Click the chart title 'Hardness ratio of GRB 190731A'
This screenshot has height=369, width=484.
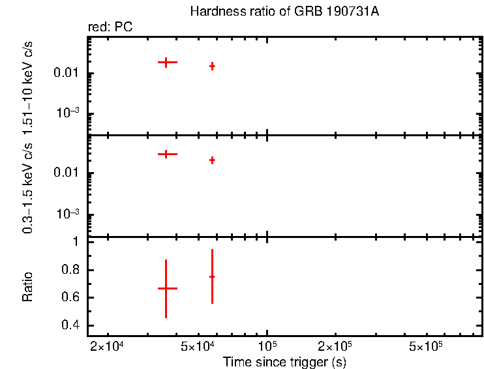(x=283, y=12)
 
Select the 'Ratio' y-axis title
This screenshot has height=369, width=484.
(x=28, y=286)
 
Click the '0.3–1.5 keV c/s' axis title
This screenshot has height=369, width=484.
(x=28, y=186)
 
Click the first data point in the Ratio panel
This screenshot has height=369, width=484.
(x=166, y=288)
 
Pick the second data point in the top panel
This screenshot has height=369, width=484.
(x=212, y=66)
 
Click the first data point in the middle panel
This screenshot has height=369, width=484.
(x=166, y=154)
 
